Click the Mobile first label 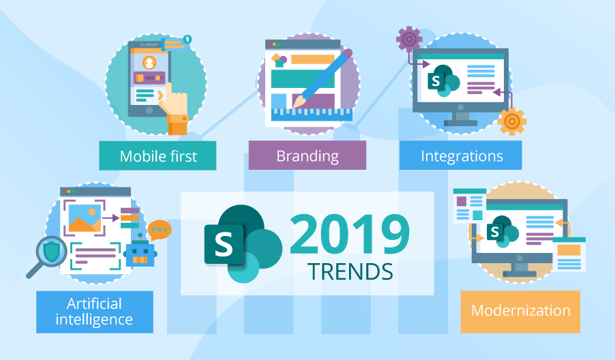(157, 156)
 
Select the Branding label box (307, 156)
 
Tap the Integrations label (461, 156)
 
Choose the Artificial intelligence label (94, 311)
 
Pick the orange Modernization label (520, 311)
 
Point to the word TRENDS (350, 271)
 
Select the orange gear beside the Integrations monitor (511, 121)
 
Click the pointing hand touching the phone (175, 106)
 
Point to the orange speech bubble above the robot (160, 230)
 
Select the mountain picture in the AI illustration (85, 217)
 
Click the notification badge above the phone (187, 39)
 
